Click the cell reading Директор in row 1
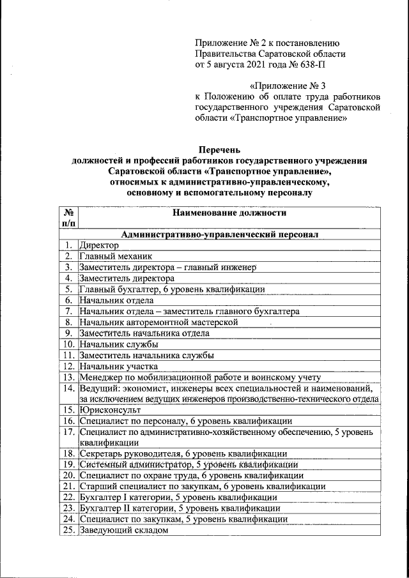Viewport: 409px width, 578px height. pyautogui.click(x=99, y=245)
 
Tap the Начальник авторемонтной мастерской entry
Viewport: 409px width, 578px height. pyautogui.click(x=158, y=322)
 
